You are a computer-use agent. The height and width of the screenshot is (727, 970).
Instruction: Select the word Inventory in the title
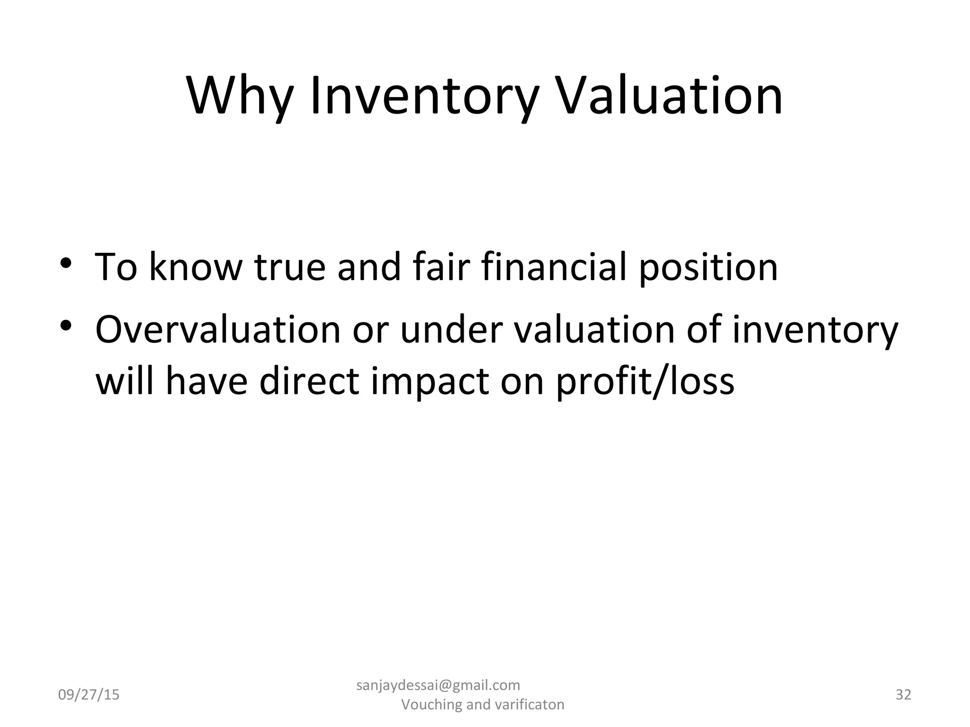point(424,97)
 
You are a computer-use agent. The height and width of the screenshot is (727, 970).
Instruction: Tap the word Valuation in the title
point(669,97)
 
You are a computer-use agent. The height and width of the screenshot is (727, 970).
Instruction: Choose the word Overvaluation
point(218,329)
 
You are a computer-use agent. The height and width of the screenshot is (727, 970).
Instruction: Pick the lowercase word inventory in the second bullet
point(815,330)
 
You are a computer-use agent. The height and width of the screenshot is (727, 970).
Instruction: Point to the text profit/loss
point(645,381)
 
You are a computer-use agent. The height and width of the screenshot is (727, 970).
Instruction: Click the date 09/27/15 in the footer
point(89,695)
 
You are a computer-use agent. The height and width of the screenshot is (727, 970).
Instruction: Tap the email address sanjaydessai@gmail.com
point(438,685)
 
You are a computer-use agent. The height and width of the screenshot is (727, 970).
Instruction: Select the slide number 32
point(903,694)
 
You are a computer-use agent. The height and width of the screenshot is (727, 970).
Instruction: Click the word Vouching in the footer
point(431,705)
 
